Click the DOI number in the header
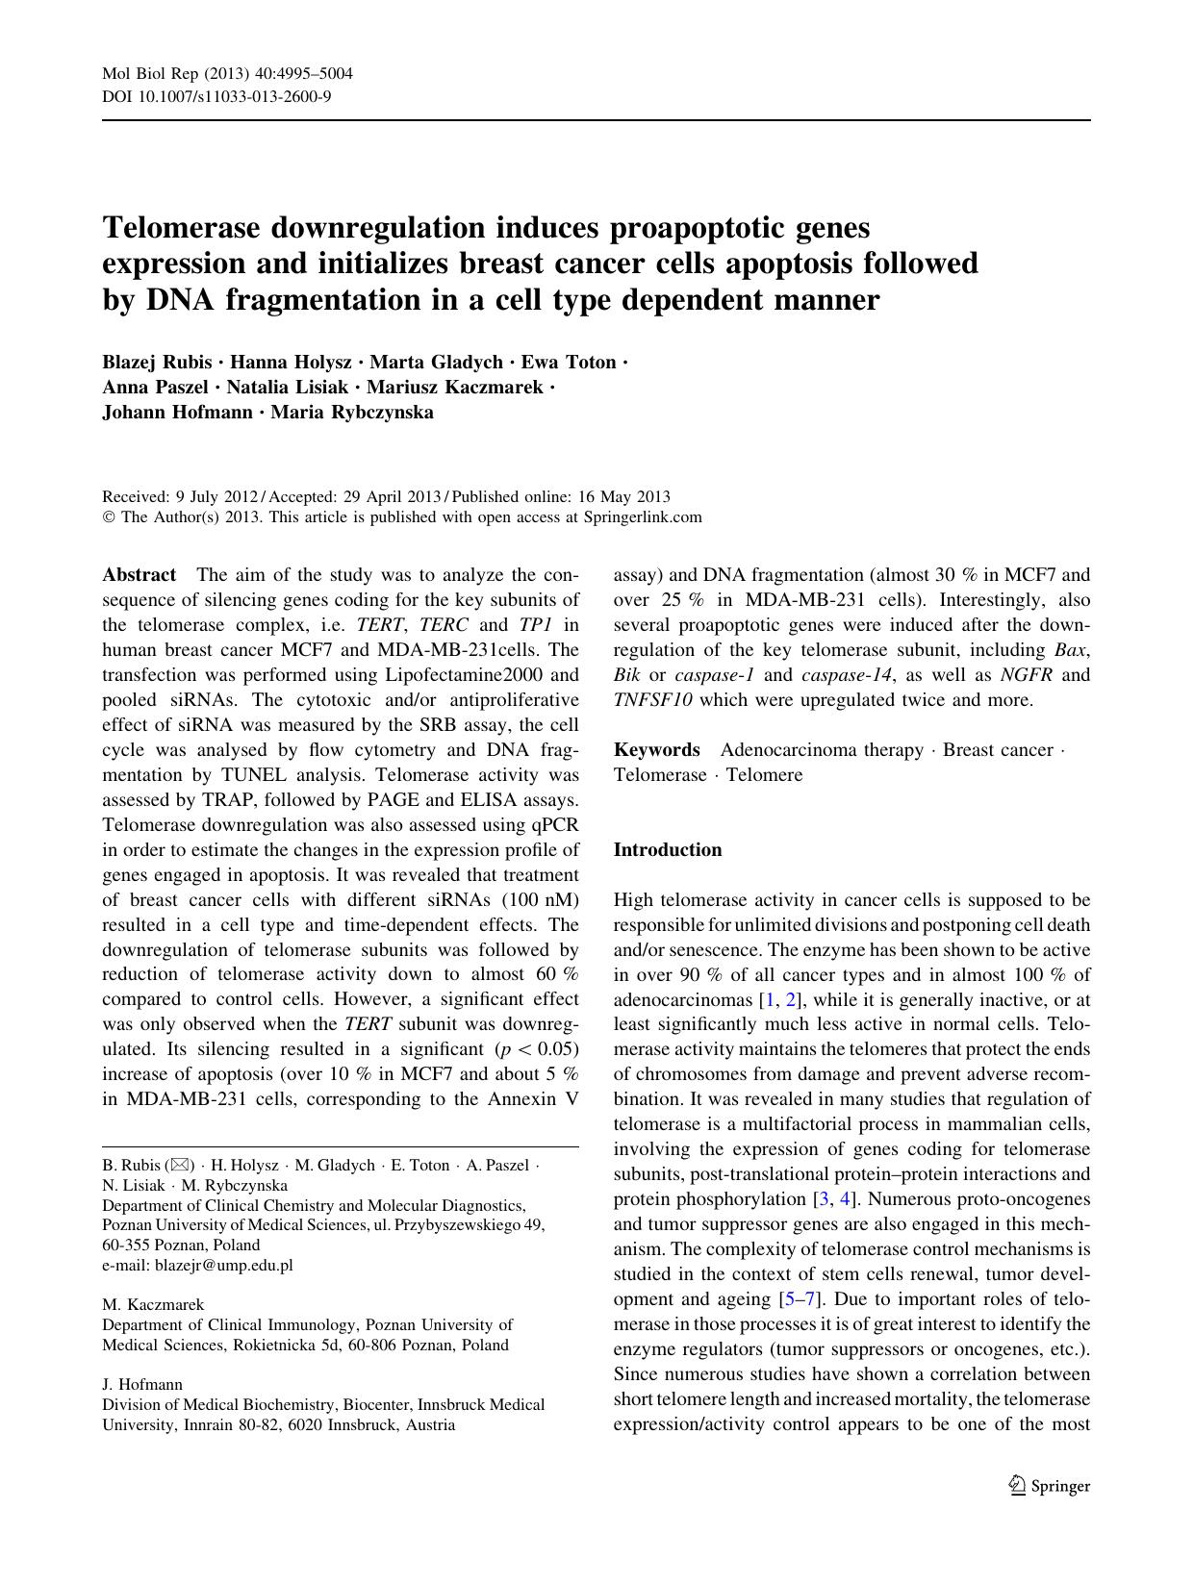click(x=232, y=96)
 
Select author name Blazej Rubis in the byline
click(x=157, y=363)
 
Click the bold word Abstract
click(x=139, y=575)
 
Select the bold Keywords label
click(x=656, y=750)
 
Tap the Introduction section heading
click(x=667, y=850)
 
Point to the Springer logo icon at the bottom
click(x=1018, y=1486)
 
